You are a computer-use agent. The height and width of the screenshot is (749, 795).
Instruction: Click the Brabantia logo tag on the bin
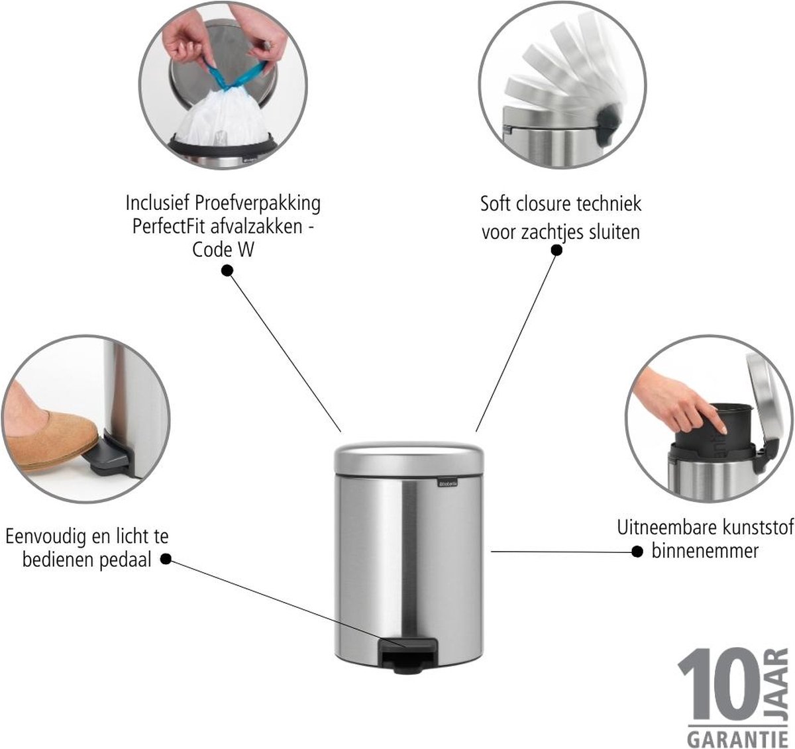pos(448,483)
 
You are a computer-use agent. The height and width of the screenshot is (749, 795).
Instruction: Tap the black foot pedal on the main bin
pos(407,654)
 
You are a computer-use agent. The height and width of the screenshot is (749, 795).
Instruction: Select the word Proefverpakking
pos(258,203)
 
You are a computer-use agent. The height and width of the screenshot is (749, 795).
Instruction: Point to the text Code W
pos(223,250)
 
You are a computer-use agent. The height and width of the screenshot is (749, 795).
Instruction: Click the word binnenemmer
pos(705,551)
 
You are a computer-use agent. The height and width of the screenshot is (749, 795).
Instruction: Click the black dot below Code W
pos(227,271)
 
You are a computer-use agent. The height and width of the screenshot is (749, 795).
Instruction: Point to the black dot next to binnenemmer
pos(637,552)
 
